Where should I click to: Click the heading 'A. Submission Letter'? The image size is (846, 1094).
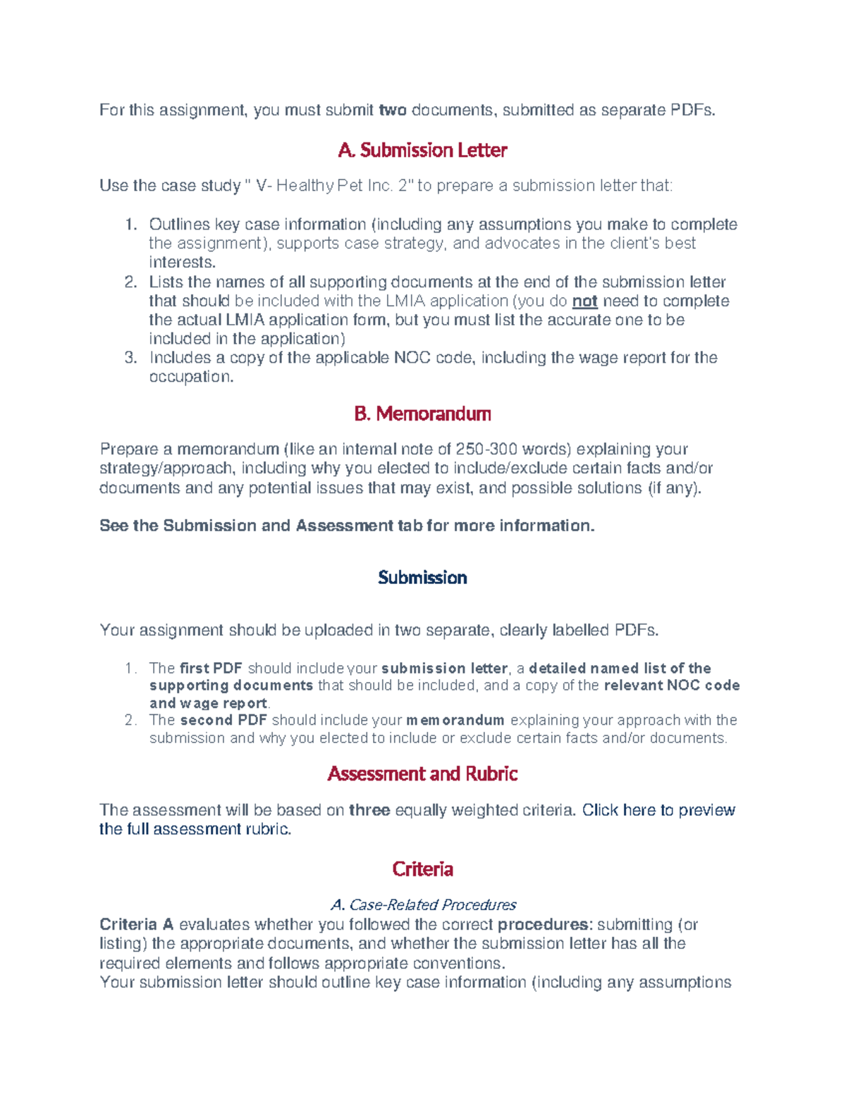pyautogui.click(x=422, y=150)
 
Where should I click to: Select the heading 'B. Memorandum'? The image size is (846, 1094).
pyautogui.click(x=422, y=414)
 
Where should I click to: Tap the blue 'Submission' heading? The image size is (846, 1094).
pyautogui.click(x=422, y=578)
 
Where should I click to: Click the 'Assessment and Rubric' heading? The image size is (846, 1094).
pyautogui.click(x=422, y=773)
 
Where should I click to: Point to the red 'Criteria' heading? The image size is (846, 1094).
pyautogui.click(x=422, y=869)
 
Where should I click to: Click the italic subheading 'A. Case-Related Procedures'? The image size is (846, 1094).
pyautogui.click(x=423, y=905)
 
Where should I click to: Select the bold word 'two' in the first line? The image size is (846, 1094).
pyautogui.click(x=393, y=110)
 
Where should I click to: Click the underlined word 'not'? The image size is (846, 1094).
pyautogui.click(x=584, y=302)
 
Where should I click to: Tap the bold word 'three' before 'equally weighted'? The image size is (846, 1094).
pyautogui.click(x=369, y=810)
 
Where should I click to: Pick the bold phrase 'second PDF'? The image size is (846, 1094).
pyautogui.click(x=223, y=720)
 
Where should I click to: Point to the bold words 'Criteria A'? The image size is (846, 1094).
pyautogui.click(x=137, y=924)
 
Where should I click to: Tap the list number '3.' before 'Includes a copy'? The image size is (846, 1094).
pyautogui.click(x=130, y=358)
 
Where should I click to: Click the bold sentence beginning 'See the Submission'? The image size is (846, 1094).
pyautogui.click(x=347, y=526)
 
